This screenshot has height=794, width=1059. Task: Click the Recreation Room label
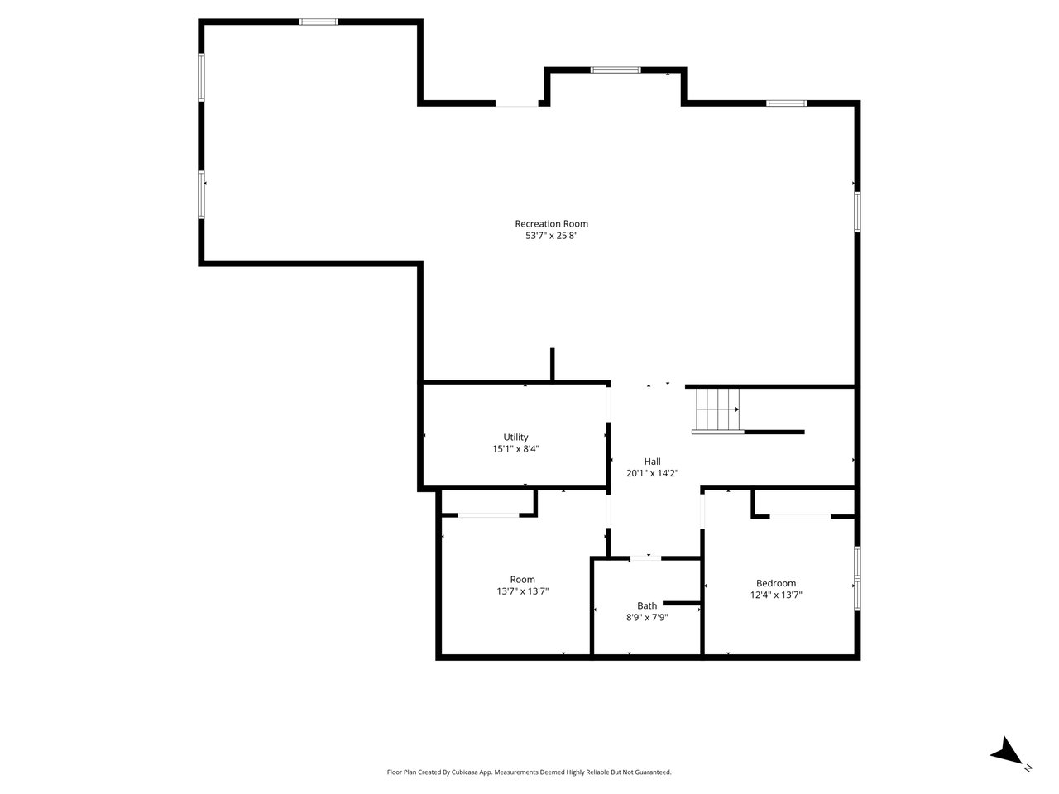click(551, 223)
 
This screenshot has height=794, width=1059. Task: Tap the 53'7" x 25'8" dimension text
click(551, 236)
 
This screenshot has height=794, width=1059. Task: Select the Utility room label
click(515, 438)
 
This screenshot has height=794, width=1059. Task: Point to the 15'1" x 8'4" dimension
click(515, 449)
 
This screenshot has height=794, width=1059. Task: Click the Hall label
click(652, 462)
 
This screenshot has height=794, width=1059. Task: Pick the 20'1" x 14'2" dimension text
click(652, 473)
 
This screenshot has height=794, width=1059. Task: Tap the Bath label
click(646, 605)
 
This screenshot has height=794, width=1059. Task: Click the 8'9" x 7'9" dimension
click(646, 617)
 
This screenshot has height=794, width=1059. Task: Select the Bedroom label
click(776, 583)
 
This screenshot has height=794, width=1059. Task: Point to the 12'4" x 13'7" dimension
click(776, 595)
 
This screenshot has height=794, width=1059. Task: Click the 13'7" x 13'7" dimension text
click(523, 591)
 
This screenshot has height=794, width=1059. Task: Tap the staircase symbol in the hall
click(717, 410)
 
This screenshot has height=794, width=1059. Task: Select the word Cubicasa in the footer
click(465, 772)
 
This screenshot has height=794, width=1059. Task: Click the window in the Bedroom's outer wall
click(857, 578)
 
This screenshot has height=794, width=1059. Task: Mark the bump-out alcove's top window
click(616, 70)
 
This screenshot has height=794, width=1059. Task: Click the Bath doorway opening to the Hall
click(645, 557)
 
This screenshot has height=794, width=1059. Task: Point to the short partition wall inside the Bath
click(681, 603)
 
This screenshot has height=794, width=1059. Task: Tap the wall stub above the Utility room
click(552, 364)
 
